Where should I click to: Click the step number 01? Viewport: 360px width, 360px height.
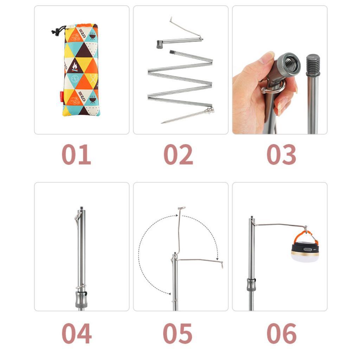[76, 155]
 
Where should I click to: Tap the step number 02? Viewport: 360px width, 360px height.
[178, 155]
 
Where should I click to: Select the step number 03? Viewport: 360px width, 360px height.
[281, 155]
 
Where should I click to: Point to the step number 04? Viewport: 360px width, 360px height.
[76, 333]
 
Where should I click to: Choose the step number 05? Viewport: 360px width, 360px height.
[178, 333]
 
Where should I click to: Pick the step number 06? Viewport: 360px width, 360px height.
[281, 333]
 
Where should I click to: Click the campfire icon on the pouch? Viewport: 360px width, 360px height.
[75, 66]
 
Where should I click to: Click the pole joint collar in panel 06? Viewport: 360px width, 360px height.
[251, 284]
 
